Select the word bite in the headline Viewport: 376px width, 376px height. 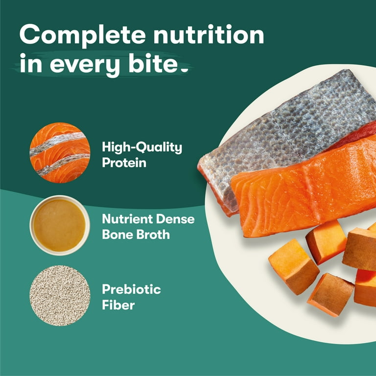pyautogui.click(x=150, y=65)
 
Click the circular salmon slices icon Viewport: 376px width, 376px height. pyautogui.click(x=60, y=152)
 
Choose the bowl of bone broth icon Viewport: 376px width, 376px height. pyautogui.click(x=60, y=226)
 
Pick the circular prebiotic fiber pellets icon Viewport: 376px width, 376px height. pyautogui.click(x=60, y=295)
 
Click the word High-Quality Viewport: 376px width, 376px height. pyautogui.click(x=141, y=147)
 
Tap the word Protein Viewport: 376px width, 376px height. pyautogui.click(x=124, y=163)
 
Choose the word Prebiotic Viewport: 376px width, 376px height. pyautogui.click(x=131, y=289)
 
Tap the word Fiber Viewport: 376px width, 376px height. pyautogui.click(x=118, y=305)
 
